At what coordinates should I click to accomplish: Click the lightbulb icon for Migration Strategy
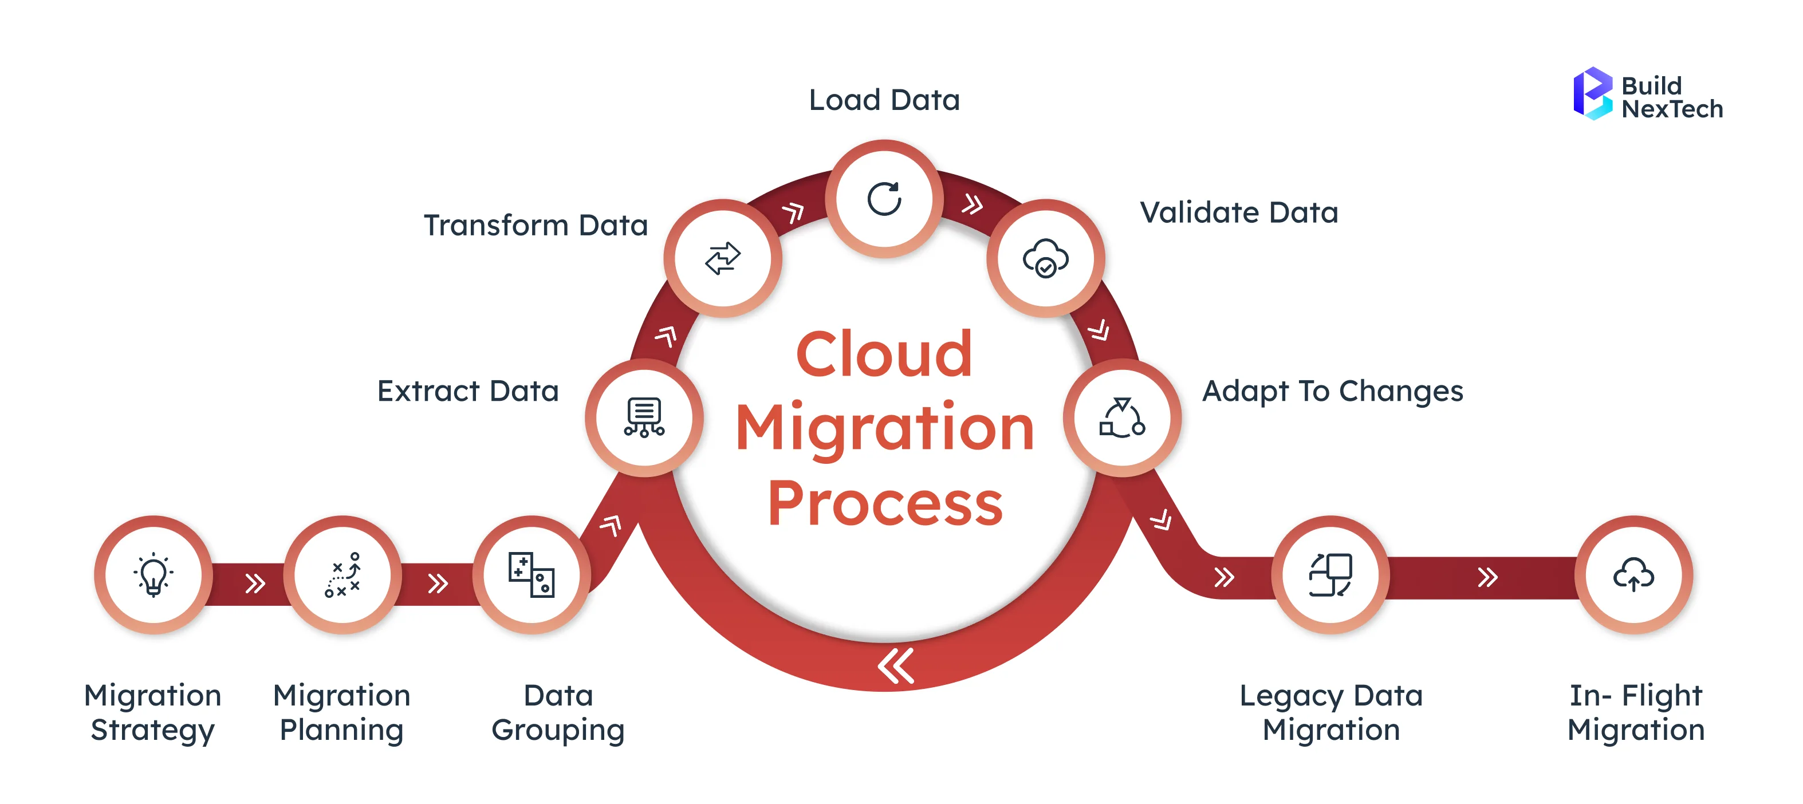[x=153, y=575]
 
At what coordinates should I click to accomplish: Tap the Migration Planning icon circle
[x=343, y=575]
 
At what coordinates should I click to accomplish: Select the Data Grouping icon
[x=532, y=575]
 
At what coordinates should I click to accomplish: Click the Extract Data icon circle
[x=644, y=417]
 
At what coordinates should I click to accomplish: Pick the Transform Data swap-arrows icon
[x=722, y=258]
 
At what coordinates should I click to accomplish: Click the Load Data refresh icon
[x=884, y=199]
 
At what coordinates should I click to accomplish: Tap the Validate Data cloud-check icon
[x=1045, y=258]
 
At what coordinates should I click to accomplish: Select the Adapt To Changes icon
[x=1122, y=417]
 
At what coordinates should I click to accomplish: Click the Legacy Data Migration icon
[x=1330, y=575]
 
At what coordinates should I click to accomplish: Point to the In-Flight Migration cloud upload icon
[x=1633, y=575]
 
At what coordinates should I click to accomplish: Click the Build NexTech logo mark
[x=1592, y=94]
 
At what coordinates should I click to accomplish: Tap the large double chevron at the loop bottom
[x=896, y=665]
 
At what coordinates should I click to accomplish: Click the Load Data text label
[x=884, y=100]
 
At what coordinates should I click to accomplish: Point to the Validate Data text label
[x=1239, y=212]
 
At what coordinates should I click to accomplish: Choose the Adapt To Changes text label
[x=1332, y=391]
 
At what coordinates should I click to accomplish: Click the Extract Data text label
[x=467, y=391]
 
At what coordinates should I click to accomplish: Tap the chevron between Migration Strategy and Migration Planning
[x=255, y=584]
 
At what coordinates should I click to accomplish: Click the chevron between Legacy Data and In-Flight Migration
[x=1487, y=577]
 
